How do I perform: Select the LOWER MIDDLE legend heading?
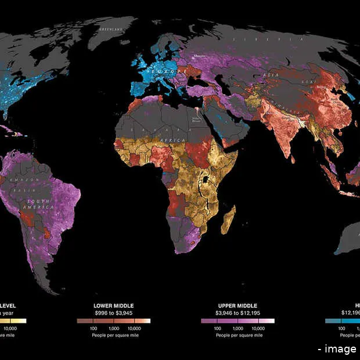(x=113, y=305)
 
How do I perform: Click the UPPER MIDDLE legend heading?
(x=237, y=305)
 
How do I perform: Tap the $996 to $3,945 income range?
(x=113, y=312)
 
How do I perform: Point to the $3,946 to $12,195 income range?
(x=237, y=312)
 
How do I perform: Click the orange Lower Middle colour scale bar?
(x=113, y=321)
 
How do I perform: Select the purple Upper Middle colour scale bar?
(x=237, y=321)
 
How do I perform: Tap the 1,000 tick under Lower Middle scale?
(x=114, y=328)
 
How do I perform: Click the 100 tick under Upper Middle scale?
(x=219, y=328)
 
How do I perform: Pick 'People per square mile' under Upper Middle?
(x=237, y=335)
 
